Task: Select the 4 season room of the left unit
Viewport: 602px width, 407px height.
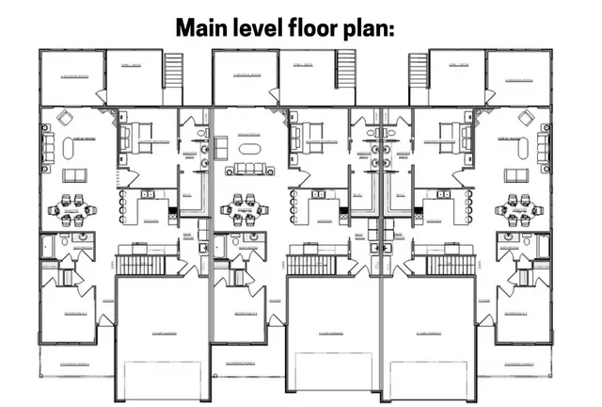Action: pyautogui.click(x=72, y=77)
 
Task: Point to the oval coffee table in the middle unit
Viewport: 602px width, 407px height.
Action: pyautogui.click(x=250, y=149)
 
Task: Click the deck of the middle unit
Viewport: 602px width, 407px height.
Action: pyautogui.click(x=309, y=77)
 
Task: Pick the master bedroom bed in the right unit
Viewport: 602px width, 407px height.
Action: pyautogui.click(x=455, y=142)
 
